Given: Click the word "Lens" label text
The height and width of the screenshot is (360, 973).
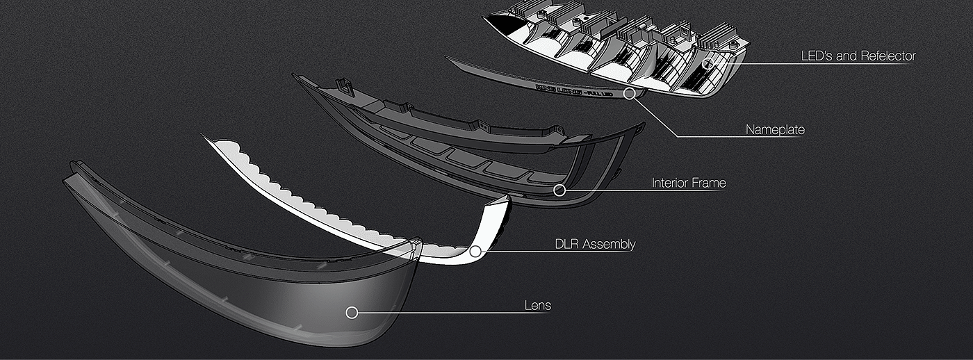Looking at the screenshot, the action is click(537, 306).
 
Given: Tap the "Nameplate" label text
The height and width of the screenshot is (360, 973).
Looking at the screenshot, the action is click(775, 130).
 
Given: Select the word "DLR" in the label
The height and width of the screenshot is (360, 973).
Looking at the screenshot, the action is click(566, 245).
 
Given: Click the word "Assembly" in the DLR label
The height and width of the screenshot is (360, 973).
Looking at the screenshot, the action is click(609, 245).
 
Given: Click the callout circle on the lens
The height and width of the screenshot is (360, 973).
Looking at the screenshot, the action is click(352, 313).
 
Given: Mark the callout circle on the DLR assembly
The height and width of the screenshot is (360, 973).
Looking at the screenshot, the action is click(475, 251).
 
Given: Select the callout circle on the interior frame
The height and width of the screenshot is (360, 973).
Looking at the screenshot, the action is click(559, 189).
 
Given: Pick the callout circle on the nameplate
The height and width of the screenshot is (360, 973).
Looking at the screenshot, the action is click(629, 92).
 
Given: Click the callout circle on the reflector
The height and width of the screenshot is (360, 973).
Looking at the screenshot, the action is click(710, 63).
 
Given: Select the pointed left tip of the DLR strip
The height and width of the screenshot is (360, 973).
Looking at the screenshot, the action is click(206, 136).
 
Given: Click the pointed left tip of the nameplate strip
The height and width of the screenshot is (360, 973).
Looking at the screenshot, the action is click(449, 59).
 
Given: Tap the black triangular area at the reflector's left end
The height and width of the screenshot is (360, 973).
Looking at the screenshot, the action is click(498, 24).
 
